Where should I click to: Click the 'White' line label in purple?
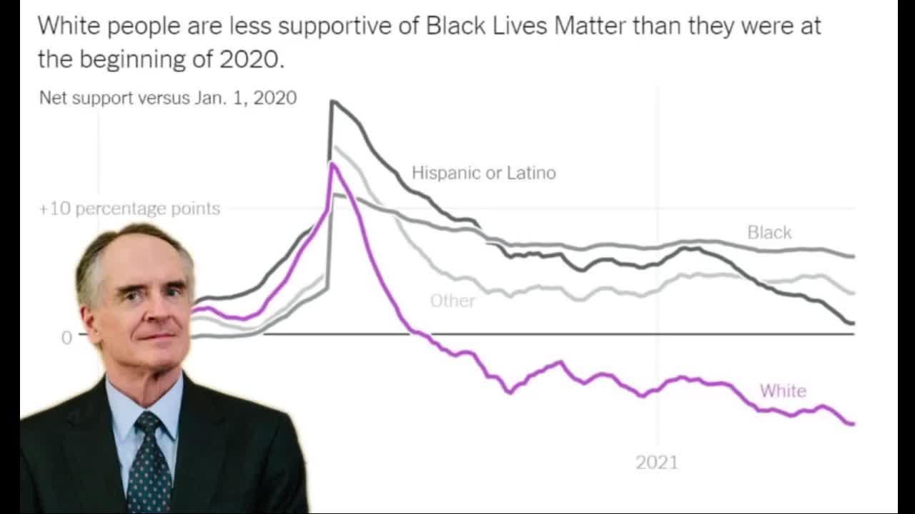[783, 390]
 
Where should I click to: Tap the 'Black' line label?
[769, 232]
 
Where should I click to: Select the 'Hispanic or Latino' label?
[483, 173]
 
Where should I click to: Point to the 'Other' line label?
[452, 301]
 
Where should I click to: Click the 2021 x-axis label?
[656, 463]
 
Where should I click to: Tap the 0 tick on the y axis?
[66, 337]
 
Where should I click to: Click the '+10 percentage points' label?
[129, 208]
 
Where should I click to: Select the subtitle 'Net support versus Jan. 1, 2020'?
[168, 98]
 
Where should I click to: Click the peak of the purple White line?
[332, 164]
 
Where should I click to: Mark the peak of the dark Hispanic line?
[332, 101]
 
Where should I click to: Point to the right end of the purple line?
[852, 424]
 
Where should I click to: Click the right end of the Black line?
[853, 256]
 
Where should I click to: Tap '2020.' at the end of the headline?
[252, 59]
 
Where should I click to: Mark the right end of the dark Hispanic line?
[852, 323]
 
